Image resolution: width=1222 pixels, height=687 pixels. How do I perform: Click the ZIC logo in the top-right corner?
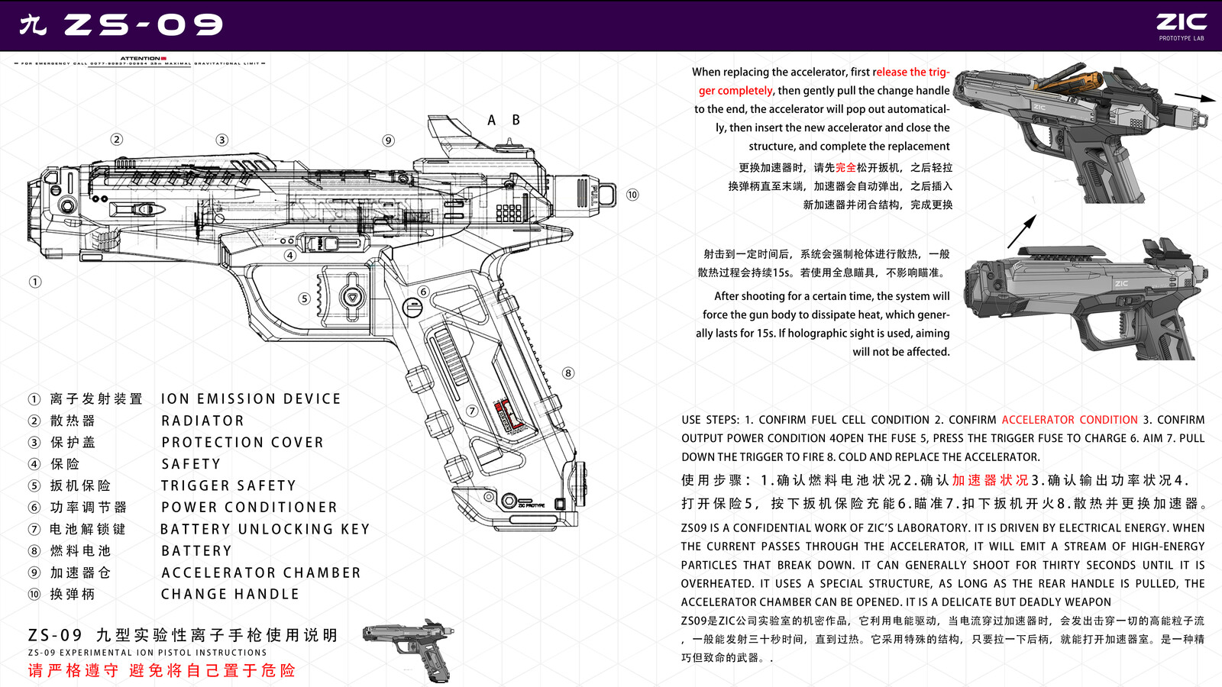[x=1181, y=23]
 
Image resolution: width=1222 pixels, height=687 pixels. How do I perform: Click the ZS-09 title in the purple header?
[x=143, y=25]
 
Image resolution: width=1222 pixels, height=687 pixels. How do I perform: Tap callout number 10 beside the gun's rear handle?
[x=632, y=195]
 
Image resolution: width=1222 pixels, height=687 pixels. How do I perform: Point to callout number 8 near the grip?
[x=568, y=373]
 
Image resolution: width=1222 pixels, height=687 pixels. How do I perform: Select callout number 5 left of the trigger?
[x=304, y=298]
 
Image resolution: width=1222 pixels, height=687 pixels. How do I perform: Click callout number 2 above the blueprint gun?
[x=116, y=139]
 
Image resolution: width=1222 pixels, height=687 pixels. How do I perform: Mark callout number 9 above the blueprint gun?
[x=389, y=140]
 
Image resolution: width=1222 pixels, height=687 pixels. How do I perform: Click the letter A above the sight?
[x=492, y=121]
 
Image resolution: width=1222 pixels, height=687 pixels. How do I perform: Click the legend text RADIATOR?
[x=202, y=421]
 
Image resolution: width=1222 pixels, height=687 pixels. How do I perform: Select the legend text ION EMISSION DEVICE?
[x=251, y=399]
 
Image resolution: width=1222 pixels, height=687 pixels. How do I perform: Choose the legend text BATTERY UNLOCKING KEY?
[x=265, y=529]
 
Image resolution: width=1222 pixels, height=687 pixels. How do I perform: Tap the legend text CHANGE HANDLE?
[x=230, y=594]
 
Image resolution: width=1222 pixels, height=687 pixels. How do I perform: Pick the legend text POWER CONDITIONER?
[x=249, y=508]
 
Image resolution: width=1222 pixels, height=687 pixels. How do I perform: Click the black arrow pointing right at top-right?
[x=1195, y=97]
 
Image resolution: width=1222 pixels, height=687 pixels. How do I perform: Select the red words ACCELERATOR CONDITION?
[x=1069, y=420]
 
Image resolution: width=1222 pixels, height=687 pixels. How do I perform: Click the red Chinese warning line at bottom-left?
[x=161, y=670]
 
